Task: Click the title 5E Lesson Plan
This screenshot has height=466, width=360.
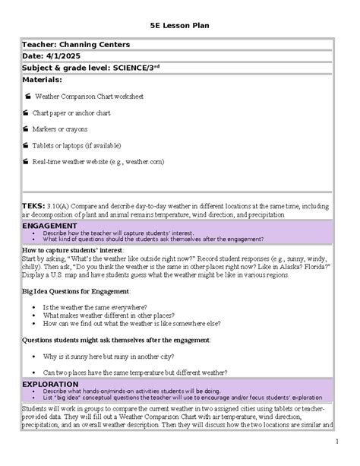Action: tap(180, 26)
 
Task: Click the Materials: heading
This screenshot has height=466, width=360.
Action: tap(42, 78)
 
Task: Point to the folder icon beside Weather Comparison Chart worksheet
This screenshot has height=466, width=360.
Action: tap(27, 97)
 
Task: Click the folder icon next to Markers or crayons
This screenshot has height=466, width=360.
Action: tap(27, 129)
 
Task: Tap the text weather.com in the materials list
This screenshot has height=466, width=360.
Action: tap(145, 162)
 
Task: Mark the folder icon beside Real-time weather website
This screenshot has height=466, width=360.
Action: tap(27, 162)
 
